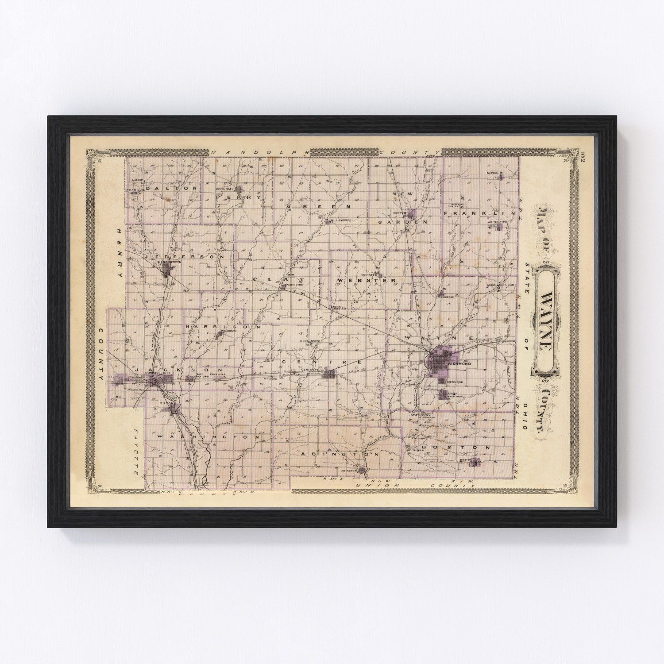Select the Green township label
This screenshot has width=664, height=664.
(319, 206)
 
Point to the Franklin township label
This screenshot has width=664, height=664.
(479, 214)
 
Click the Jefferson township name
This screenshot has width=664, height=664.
(184, 256)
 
